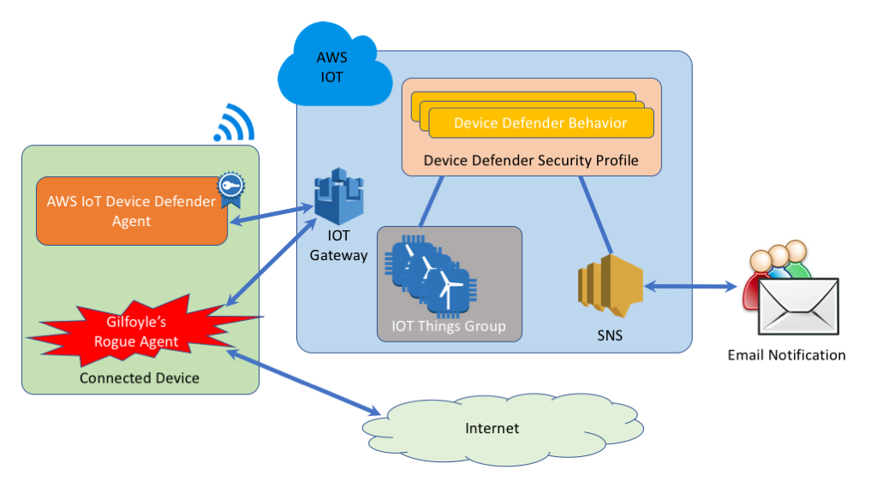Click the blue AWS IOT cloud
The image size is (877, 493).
pos(335,65)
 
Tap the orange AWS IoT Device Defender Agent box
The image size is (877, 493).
pos(132,211)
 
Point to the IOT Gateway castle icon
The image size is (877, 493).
pos(339,196)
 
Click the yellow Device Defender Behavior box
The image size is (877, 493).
pos(541,123)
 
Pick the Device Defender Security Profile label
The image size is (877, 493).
pos(531,160)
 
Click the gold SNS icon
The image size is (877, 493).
pos(610,286)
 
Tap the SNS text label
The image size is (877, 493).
pos(610,336)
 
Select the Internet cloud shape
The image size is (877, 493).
pos(502,429)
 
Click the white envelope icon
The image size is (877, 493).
pos(798,306)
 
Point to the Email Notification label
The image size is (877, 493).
pos(786,355)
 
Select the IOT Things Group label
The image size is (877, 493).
pos(449,326)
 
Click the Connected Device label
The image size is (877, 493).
pos(140,378)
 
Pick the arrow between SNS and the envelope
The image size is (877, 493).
pos(691,287)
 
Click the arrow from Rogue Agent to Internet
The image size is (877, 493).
pos(304,383)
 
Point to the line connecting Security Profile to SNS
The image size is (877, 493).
pos(596,215)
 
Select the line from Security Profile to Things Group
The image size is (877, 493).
pos(432,202)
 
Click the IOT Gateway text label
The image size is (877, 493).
pos(338,246)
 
